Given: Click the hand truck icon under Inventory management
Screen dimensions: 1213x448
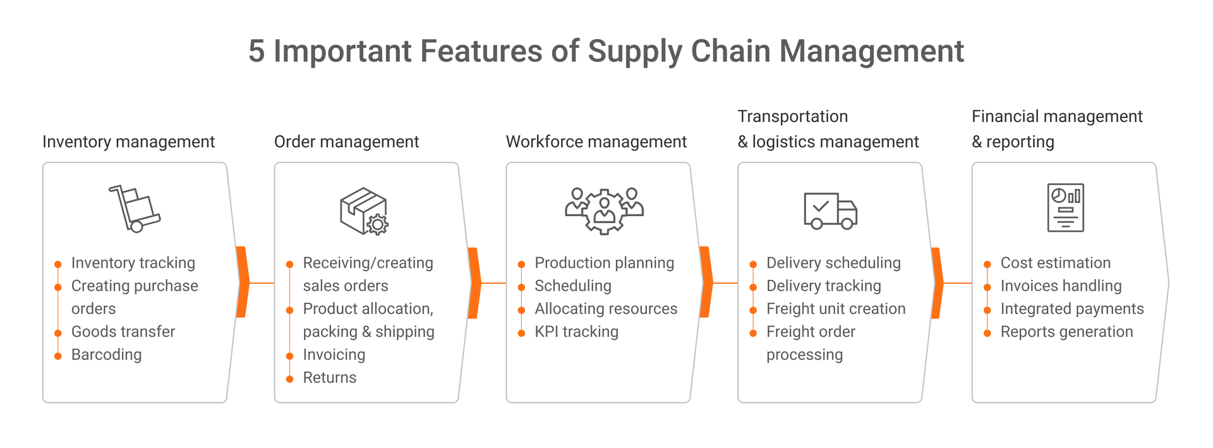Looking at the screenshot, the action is click(x=135, y=209).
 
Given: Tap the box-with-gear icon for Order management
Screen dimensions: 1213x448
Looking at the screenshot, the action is click(x=364, y=211).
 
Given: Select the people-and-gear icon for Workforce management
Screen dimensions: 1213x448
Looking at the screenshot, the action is click(x=604, y=211).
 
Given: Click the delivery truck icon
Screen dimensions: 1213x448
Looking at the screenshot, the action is click(x=830, y=210).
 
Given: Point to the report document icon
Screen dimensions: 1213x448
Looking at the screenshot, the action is click(x=1066, y=207).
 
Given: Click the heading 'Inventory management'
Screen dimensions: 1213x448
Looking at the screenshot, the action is click(x=128, y=142).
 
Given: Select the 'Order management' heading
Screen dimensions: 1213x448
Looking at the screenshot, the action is click(x=346, y=142).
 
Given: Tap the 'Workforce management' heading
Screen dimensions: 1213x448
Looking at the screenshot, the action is click(x=596, y=142).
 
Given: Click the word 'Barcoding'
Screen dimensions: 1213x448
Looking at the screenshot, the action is click(x=106, y=354).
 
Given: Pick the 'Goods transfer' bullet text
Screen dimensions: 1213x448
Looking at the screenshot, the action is click(x=123, y=331).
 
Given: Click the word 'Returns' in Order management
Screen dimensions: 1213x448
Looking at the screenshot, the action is click(x=330, y=377).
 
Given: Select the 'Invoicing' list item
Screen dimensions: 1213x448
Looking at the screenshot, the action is click(x=334, y=354).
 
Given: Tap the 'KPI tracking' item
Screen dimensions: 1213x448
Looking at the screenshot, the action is click(x=576, y=331).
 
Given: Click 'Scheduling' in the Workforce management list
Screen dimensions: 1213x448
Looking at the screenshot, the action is click(x=573, y=286).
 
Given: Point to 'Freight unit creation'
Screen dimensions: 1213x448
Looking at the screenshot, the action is click(x=836, y=308).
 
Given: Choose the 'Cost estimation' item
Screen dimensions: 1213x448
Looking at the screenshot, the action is click(x=1055, y=262).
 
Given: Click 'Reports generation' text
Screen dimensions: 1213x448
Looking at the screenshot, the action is click(x=1066, y=331).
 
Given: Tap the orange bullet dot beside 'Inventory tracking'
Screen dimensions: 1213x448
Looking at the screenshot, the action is click(x=58, y=264).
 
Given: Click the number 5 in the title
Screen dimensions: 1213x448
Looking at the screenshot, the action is click(x=256, y=51).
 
